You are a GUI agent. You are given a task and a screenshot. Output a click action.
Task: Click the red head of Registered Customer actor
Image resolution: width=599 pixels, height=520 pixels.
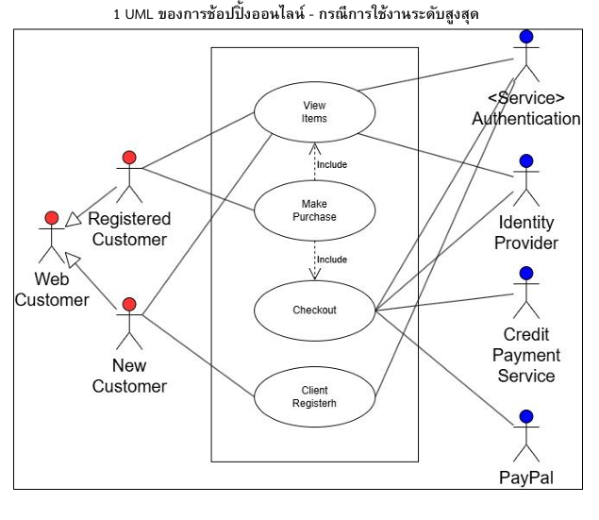pyautogui.click(x=129, y=157)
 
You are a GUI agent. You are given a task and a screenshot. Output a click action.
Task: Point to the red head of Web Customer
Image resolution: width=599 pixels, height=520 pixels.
pyautogui.click(x=51, y=220)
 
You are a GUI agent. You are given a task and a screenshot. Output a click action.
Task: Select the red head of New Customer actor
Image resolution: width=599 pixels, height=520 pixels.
pyautogui.click(x=129, y=305)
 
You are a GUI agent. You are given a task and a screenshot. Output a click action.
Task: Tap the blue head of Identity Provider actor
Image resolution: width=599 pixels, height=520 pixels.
pyautogui.click(x=526, y=161)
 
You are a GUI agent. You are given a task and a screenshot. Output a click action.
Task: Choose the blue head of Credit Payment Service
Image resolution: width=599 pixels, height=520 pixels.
pyautogui.click(x=526, y=274)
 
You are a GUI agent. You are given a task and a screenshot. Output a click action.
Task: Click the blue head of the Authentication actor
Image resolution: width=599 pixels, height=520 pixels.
pyautogui.click(x=526, y=37)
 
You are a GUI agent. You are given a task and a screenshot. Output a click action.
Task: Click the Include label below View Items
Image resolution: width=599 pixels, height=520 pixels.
pyautogui.click(x=331, y=164)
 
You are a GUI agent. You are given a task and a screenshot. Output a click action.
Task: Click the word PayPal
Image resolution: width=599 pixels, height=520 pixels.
pyautogui.click(x=526, y=478)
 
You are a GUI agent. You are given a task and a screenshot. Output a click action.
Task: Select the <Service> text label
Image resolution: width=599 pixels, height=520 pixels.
pyautogui.click(x=526, y=99)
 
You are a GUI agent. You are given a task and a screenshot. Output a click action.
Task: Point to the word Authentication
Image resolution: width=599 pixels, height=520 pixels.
pyautogui.click(x=526, y=119)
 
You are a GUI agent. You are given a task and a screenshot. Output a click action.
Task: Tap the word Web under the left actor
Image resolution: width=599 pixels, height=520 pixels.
pyautogui.click(x=52, y=279)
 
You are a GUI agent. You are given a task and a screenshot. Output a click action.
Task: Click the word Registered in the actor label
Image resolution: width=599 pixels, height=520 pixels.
pyautogui.click(x=129, y=219)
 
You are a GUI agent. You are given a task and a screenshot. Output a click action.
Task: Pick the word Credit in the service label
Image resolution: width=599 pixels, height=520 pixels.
pyautogui.click(x=526, y=335)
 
